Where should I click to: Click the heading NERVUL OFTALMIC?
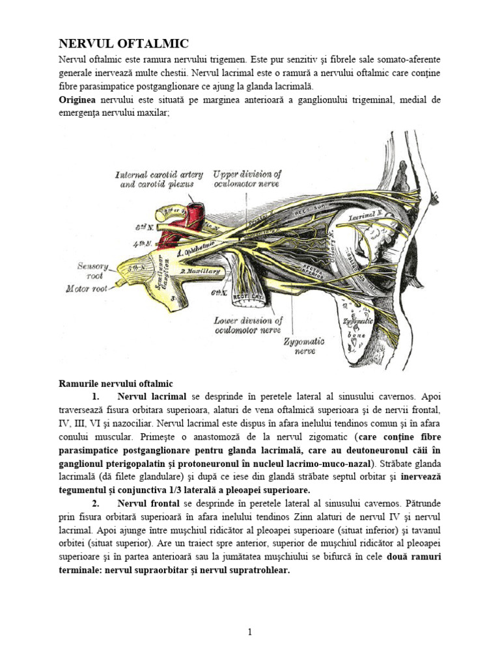point(124,44)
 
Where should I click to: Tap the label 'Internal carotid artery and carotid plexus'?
point(159,179)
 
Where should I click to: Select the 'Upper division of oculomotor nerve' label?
point(247,179)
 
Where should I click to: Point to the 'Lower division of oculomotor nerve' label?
point(248,325)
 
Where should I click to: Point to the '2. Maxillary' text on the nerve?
point(200,272)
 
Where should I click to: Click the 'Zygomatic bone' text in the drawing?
point(355,328)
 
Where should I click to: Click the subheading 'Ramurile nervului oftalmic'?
point(116,384)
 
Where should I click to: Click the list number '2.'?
point(96,503)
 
